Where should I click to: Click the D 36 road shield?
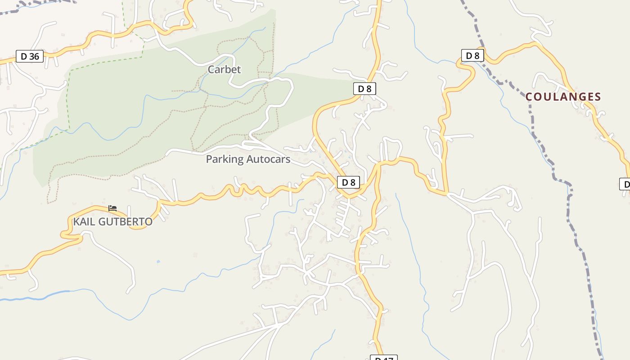(x=30, y=56)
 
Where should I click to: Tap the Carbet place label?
(x=224, y=70)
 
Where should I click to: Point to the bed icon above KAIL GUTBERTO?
(x=112, y=208)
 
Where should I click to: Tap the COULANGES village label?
(x=563, y=97)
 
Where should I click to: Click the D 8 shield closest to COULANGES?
(x=472, y=56)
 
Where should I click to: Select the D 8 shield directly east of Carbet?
(x=364, y=89)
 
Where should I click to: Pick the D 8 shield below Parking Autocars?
(x=348, y=182)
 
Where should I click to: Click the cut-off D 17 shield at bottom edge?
(x=384, y=358)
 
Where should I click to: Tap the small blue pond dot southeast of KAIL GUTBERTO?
(x=158, y=261)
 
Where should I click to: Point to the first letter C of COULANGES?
(x=529, y=97)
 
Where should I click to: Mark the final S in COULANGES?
(x=598, y=97)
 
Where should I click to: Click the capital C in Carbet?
(x=211, y=70)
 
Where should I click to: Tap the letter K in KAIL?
(x=76, y=222)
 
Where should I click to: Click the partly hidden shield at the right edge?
(x=625, y=184)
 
